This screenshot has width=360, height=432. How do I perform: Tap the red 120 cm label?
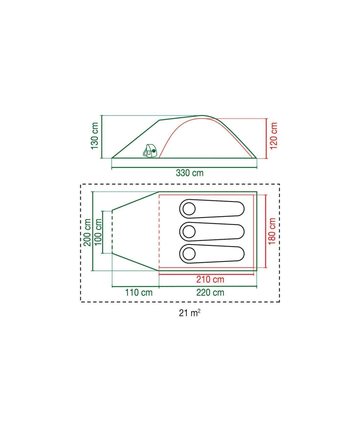click(x=274, y=135)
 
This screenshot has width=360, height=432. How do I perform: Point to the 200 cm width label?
click(x=87, y=232)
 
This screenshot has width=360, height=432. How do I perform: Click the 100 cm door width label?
click(x=98, y=232)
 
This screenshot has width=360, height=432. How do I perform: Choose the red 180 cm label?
click(x=272, y=231)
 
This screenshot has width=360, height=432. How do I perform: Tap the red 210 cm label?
click(x=210, y=279)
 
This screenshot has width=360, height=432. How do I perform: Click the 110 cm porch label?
click(x=139, y=293)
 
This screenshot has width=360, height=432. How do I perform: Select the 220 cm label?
click(x=210, y=293)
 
